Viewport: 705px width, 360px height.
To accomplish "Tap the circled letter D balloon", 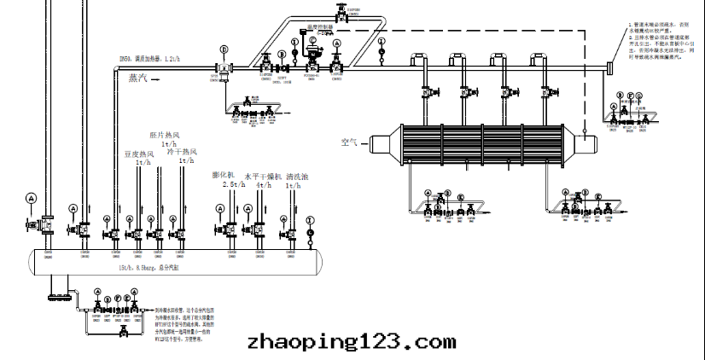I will tap(224, 49).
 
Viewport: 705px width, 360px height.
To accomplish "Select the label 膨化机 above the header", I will tap(224, 175).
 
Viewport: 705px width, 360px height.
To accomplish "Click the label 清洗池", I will tap(297, 177).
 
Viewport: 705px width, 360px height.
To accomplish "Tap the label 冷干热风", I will tap(182, 154).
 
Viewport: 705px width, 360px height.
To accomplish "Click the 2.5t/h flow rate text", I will tap(229, 184).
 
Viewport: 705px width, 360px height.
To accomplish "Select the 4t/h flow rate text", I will tap(263, 185).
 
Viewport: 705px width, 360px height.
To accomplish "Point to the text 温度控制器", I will tap(318, 27).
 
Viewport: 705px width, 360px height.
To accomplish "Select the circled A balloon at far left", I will tap(32, 198).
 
